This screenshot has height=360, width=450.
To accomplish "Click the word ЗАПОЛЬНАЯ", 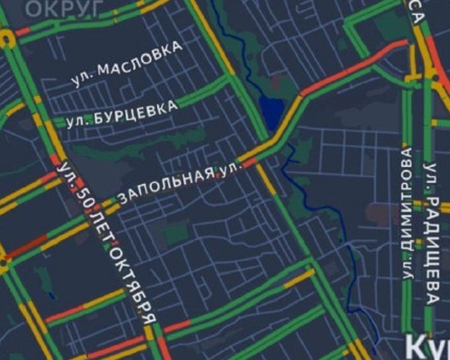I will point(167,185).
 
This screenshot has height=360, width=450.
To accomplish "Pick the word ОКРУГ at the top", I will point(64,8).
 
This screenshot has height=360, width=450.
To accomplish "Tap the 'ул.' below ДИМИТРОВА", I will point(409,271).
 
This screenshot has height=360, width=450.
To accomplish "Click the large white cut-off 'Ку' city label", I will point(427,348).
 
